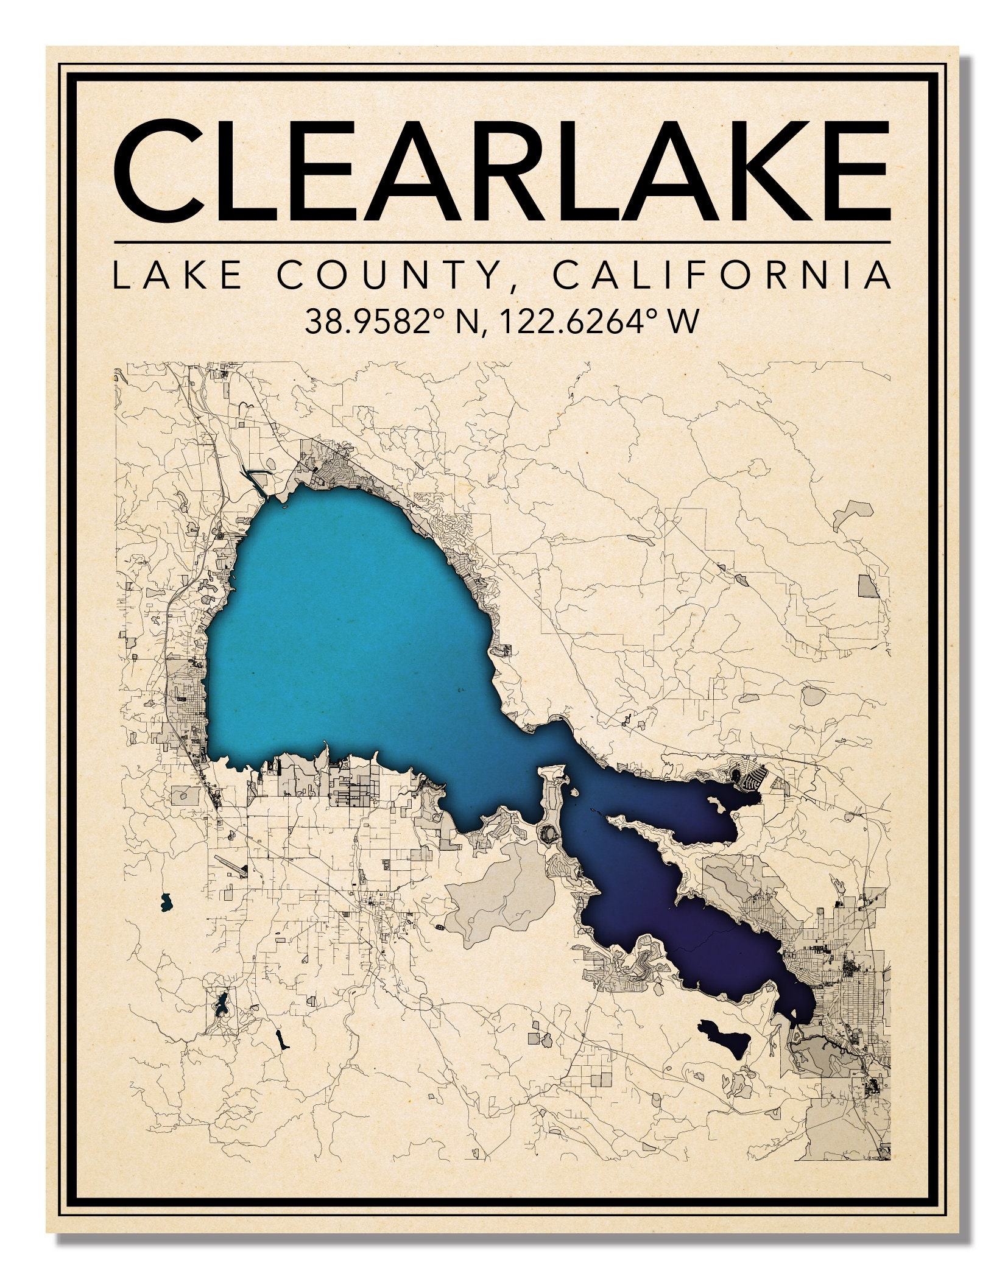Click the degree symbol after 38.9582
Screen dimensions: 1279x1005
(446, 312)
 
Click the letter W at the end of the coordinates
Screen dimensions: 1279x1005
(683, 322)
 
